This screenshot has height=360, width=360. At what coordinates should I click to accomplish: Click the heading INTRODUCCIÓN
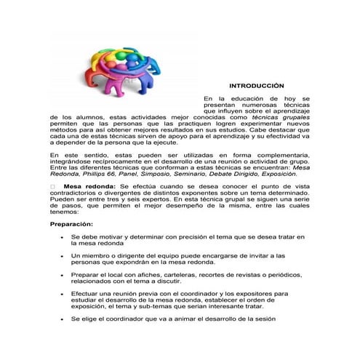(x=252, y=85)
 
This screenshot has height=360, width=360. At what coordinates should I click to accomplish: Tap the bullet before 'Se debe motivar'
(x=63, y=238)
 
